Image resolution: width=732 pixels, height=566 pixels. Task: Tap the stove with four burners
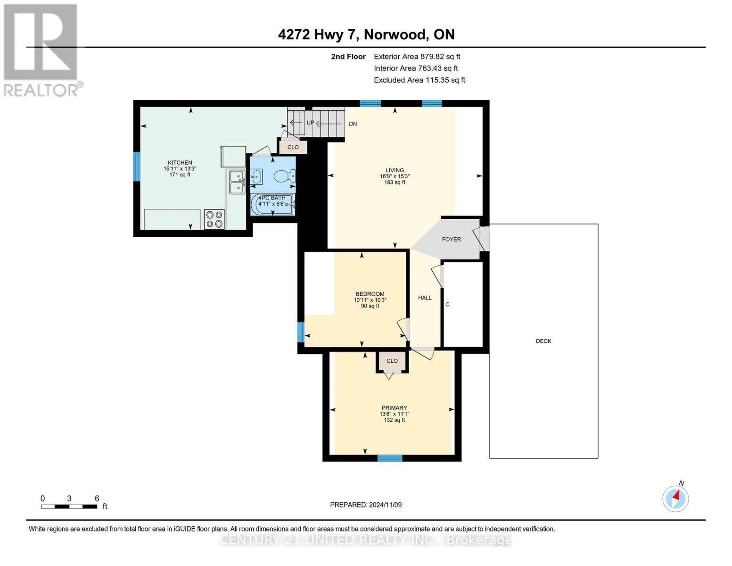pos(214,219)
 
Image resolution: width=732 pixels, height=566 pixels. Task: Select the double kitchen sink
pos(236,182)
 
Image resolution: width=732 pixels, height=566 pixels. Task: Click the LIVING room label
pos(395,170)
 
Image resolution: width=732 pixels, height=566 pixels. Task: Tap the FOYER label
pos(451,240)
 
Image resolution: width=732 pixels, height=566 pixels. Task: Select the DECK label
pos(543,341)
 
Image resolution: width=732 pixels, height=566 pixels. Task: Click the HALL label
pos(425,298)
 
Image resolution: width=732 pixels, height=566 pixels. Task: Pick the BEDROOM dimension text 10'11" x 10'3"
pos(370,300)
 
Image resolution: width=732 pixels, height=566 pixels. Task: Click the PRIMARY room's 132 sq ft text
pos(394,420)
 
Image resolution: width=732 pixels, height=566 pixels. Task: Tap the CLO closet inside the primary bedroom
pos(392,361)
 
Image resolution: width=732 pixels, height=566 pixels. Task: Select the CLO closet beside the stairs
pos(293,147)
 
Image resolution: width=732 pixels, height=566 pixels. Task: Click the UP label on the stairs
pos(310,123)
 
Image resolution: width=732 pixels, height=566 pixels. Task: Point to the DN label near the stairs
pos(353,124)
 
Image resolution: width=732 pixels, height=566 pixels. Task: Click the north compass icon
pos(675,498)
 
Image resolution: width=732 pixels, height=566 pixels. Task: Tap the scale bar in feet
pos(69,507)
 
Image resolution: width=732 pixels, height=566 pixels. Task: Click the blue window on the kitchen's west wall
pos(137,166)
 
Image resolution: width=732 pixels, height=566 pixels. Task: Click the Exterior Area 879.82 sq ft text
pos(417,57)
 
